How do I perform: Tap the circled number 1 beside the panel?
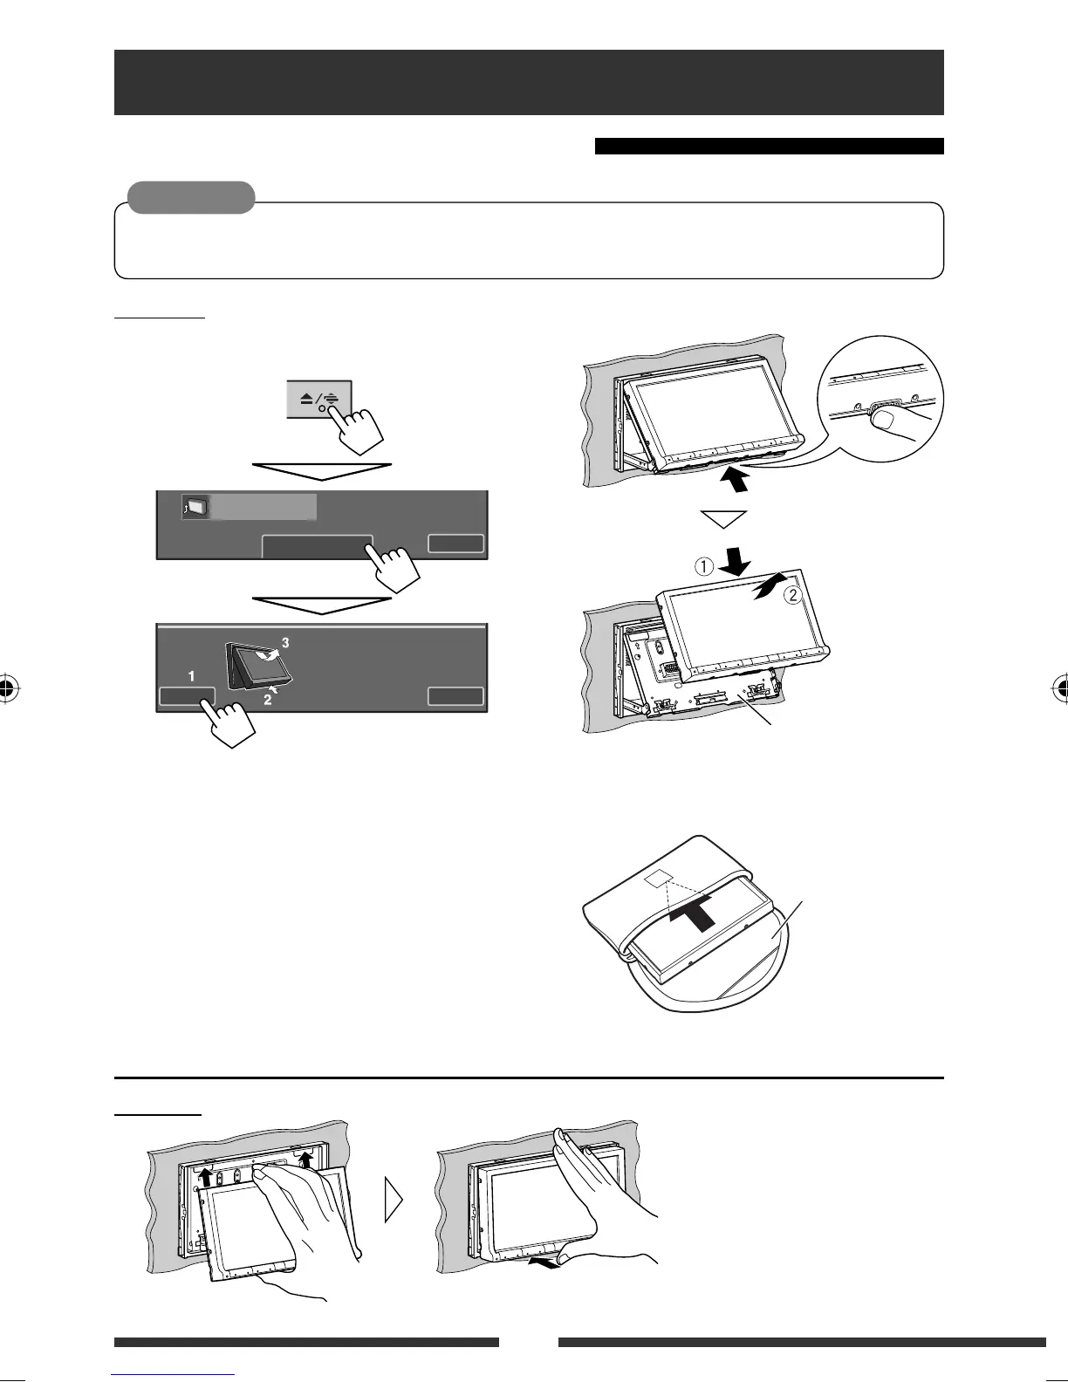[x=703, y=566]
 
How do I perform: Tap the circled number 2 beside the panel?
[x=793, y=597]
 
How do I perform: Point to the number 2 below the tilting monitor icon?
[x=268, y=699]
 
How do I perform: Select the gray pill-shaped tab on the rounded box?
[x=191, y=197]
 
